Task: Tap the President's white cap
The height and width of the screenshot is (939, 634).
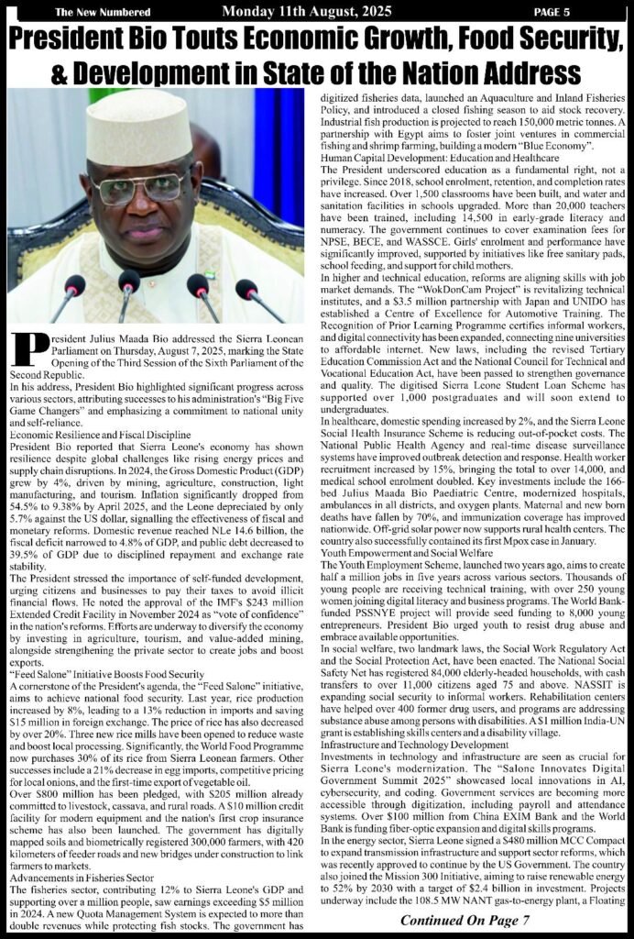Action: pos(138,124)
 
